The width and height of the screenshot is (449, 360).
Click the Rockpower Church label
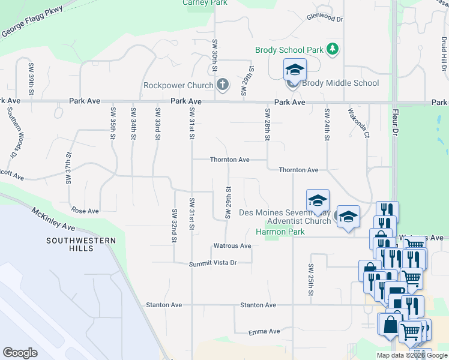[178, 85]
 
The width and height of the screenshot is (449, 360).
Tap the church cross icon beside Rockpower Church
[223, 85]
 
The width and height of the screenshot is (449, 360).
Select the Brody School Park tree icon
[332, 50]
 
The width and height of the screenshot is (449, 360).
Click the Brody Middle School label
[341, 83]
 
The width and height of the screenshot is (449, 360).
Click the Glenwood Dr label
[324, 19]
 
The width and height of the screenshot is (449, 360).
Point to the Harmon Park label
[277, 231]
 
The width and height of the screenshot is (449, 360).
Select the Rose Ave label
[85, 211]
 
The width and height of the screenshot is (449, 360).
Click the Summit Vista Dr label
[213, 263]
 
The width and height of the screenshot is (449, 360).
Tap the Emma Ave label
[265, 331]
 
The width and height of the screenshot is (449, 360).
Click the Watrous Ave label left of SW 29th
[232, 246]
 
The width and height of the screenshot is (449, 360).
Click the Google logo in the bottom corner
[20, 353]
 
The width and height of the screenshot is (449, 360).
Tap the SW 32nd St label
[174, 226]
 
